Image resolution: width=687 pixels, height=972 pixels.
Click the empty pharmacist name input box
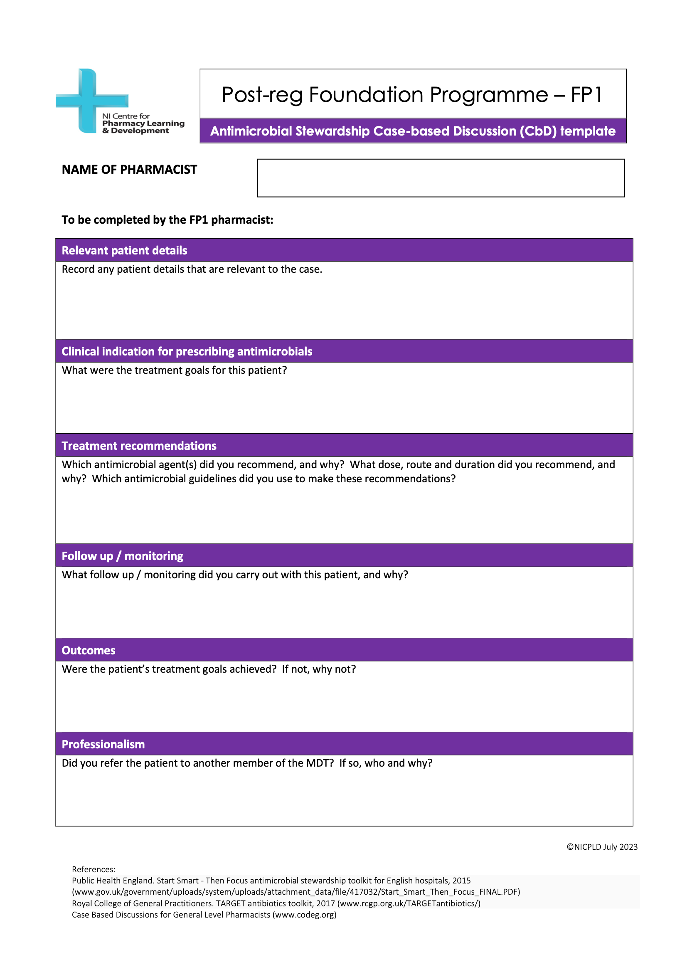click(x=440, y=178)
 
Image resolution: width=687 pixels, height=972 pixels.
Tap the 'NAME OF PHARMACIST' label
click(x=129, y=170)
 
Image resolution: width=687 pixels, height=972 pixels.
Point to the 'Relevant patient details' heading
click(x=124, y=251)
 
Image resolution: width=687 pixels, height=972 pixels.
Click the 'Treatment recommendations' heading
click(x=139, y=446)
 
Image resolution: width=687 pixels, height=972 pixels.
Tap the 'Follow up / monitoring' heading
click(x=122, y=556)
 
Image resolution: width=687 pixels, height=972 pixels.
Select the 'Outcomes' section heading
click(x=89, y=651)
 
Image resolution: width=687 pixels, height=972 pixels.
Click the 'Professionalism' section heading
click(x=103, y=745)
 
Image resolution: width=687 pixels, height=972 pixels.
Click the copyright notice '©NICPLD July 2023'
click(x=602, y=847)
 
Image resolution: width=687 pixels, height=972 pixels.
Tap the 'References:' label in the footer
click(x=94, y=870)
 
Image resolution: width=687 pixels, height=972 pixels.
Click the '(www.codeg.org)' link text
click(x=304, y=915)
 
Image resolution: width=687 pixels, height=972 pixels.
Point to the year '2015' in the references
click(x=461, y=881)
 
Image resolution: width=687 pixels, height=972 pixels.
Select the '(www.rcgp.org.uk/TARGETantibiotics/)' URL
click(x=409, y=903)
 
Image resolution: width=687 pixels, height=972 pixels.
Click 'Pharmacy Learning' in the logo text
click(x=143, y=123)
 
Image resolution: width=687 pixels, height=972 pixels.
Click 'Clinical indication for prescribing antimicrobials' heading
click(x=187, y=352)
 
